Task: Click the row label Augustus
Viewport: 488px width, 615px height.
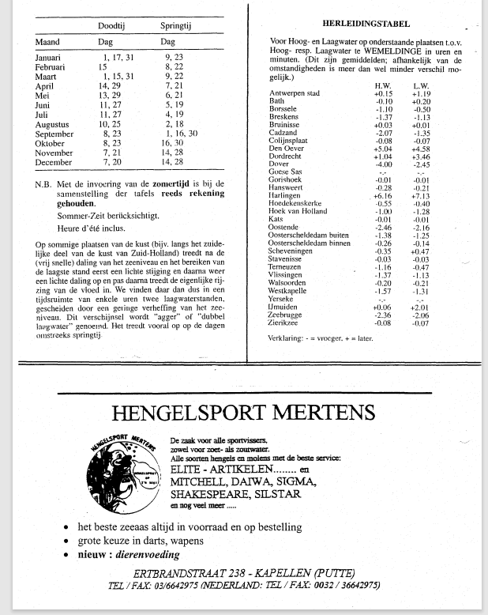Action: coord(53,124)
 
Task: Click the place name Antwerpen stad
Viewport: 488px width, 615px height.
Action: coord(294,93)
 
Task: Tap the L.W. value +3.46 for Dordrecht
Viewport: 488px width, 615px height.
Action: coord(421,157)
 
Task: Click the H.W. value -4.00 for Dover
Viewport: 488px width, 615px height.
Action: coord(384,164)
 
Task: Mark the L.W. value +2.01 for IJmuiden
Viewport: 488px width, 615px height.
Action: coord(421,308)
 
